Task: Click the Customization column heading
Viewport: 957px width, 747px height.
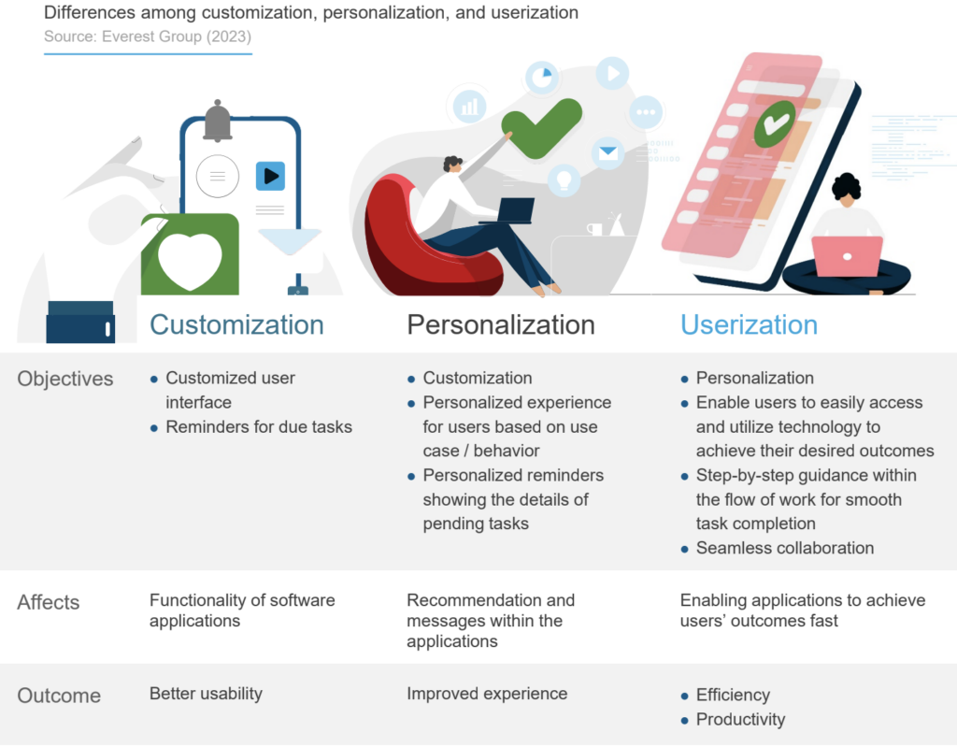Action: click(x=236, y=324)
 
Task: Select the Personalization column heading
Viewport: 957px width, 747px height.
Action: click(x=500, y=324)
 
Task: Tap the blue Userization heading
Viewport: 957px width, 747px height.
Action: click(x=749, y=324)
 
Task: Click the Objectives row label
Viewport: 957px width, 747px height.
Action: click(x=65, y=379)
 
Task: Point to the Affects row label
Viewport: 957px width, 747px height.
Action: click(x=49, y=602)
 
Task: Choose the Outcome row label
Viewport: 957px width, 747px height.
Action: click(x=59, y=696)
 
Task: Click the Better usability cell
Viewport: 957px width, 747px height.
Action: click(x=206, y=694)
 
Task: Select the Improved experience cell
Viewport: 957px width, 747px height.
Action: click(x=487, y=694)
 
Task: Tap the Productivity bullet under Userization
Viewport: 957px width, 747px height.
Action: click(x=740, y=719)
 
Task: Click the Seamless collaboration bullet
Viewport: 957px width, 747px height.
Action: click(x=785, y=548)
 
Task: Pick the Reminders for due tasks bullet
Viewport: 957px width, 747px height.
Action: click(x=259, y=426)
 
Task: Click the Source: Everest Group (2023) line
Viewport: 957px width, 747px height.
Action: click(x=148, y=36)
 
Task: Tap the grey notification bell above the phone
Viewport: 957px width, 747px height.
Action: click(x=217, y=121)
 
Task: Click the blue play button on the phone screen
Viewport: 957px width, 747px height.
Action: click(x=270, y=176)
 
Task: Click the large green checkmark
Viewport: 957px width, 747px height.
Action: click(x=541, y=127)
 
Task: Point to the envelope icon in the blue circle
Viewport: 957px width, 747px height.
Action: click(x=608, y=152)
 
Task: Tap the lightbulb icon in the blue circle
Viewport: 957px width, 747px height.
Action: click(x=564, y=178)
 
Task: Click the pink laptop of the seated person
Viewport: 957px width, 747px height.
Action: click(x=847, y=256)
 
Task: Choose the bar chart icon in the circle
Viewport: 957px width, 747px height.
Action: click(x=469, y=105)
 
